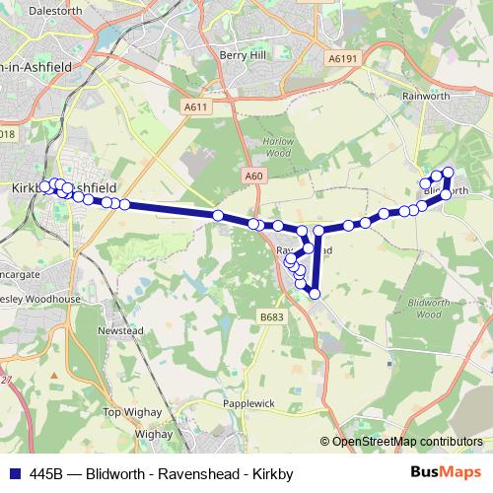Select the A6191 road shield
[x=339, y=59]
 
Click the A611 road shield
[x=196, y=106]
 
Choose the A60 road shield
[x=254, y=176]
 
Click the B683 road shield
[x=272, y=316]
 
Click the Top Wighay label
[x=131, y=412]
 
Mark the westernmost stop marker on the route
[x=44, y=186]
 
